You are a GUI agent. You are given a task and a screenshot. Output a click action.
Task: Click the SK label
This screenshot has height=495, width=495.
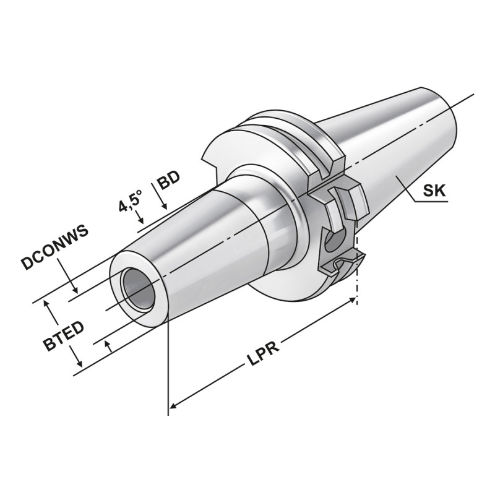(434, 191)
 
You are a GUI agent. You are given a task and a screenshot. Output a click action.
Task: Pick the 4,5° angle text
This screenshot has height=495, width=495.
(131, 202)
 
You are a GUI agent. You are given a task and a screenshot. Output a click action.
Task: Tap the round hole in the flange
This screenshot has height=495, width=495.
(334, 242)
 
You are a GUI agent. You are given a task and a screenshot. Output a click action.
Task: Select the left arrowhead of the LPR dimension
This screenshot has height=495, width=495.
(175, 406)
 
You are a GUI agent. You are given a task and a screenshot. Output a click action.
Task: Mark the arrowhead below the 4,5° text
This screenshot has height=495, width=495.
(142, 220)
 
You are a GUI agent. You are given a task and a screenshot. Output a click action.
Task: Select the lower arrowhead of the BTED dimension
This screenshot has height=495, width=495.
(79, 366)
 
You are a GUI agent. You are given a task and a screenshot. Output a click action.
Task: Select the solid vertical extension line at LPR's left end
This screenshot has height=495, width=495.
(168, 371)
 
